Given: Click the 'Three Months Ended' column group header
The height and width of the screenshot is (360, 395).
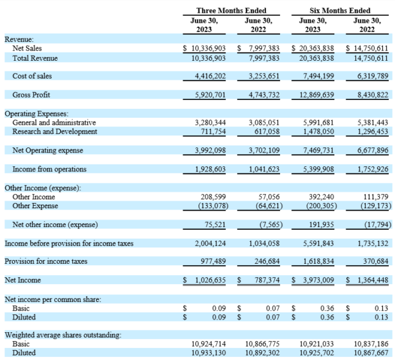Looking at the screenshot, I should (231, 10).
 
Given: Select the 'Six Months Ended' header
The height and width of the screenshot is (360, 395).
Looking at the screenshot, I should (339, 10).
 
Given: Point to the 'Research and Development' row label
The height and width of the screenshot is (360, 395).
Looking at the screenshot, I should (55, 132).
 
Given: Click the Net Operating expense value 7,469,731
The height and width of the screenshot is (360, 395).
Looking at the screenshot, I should (317, 151).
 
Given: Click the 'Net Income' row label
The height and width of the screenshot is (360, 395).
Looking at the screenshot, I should (22, 280).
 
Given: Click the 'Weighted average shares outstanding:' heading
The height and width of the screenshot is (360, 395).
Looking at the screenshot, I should (63, 335).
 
